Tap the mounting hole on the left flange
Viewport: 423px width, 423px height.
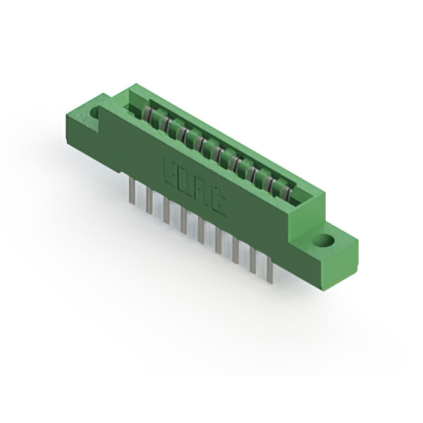coord(93,113)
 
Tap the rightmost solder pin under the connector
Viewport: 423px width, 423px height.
coord(270,272)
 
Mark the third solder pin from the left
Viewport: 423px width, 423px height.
coord(167,211)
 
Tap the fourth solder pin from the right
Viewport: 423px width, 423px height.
coord(218,242)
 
